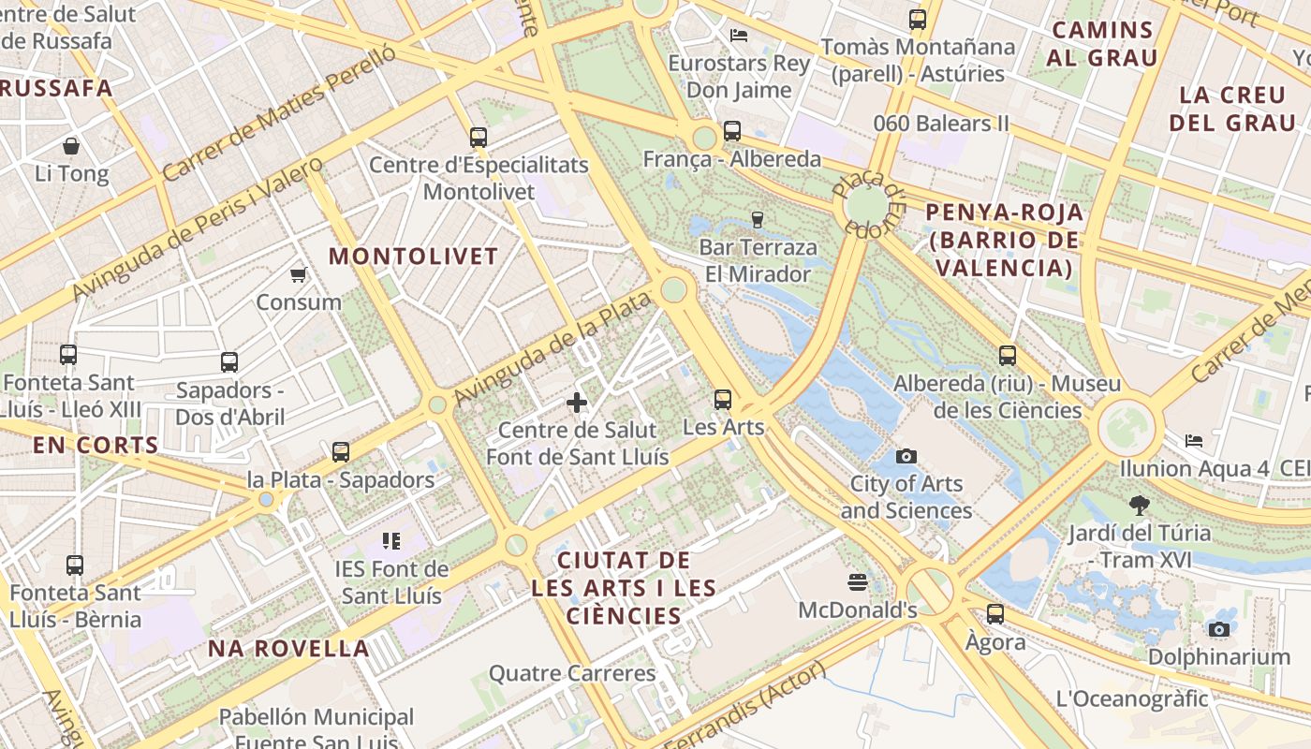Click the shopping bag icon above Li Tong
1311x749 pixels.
[71, 146]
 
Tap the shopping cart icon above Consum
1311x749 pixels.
[298, 274]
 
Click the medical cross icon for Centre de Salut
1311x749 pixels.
[577, 403]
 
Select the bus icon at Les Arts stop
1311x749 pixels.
[723, 400]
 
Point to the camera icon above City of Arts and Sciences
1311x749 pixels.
[906, 456]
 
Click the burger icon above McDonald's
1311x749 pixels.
[857, 582]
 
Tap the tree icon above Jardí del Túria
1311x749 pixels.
[1140, 506]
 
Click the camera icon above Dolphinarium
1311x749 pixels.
[1218, 629]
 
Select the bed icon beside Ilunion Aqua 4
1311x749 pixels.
[1193, 440]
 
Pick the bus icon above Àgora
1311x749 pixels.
[995, 614]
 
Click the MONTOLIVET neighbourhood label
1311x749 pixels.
[413, 257]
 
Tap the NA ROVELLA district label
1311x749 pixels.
[288, 648]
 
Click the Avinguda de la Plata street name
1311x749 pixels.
[552, 350]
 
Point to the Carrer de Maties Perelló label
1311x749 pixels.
[278, 114]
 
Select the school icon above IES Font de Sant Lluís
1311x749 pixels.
[391, 540]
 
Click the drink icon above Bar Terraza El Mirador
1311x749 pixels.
[758, 219]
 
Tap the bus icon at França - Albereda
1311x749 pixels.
[732, 131]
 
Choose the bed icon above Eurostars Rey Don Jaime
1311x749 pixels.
[739, 36]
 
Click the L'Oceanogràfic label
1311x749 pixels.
[1132, 698]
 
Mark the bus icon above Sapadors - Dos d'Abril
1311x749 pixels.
[229, 362]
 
